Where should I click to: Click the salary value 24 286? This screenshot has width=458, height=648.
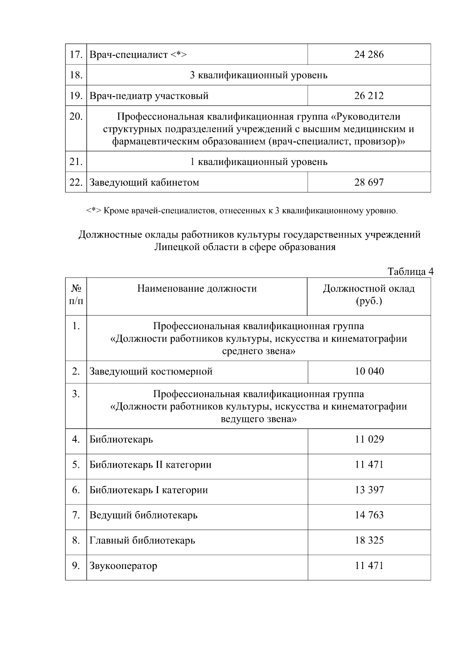[x=369, y=55]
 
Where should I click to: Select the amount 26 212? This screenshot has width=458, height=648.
[x=369, y=95]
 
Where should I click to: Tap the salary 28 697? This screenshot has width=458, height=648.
[x=369, y=182]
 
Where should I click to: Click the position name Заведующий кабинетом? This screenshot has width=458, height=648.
[x=144, y=183]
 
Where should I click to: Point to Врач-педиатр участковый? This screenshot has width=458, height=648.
[x=149, y=96]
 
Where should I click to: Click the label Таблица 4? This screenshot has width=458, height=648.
[x=410, y=271]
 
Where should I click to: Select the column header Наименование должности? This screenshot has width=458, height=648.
[x=197, y=289]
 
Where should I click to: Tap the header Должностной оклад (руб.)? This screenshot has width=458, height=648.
[x=369, y=295]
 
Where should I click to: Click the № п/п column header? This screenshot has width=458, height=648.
[x=76, y=295]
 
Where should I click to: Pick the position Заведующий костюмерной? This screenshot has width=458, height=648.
[x=151, y=372]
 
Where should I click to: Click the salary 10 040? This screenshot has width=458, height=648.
[x=369, y=371]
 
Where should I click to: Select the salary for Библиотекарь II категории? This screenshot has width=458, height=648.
[x=369, y=465]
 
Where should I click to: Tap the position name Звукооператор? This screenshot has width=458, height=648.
[x=123, y=566]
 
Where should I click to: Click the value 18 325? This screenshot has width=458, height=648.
[x=369, y=540]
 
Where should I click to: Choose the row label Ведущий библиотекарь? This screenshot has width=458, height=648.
[x=144, y=515]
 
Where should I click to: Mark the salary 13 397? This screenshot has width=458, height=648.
[x=369, y=490]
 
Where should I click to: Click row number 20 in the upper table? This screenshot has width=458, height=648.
[x=76, y=116]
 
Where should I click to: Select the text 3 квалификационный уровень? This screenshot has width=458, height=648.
[x=258, y=75]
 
